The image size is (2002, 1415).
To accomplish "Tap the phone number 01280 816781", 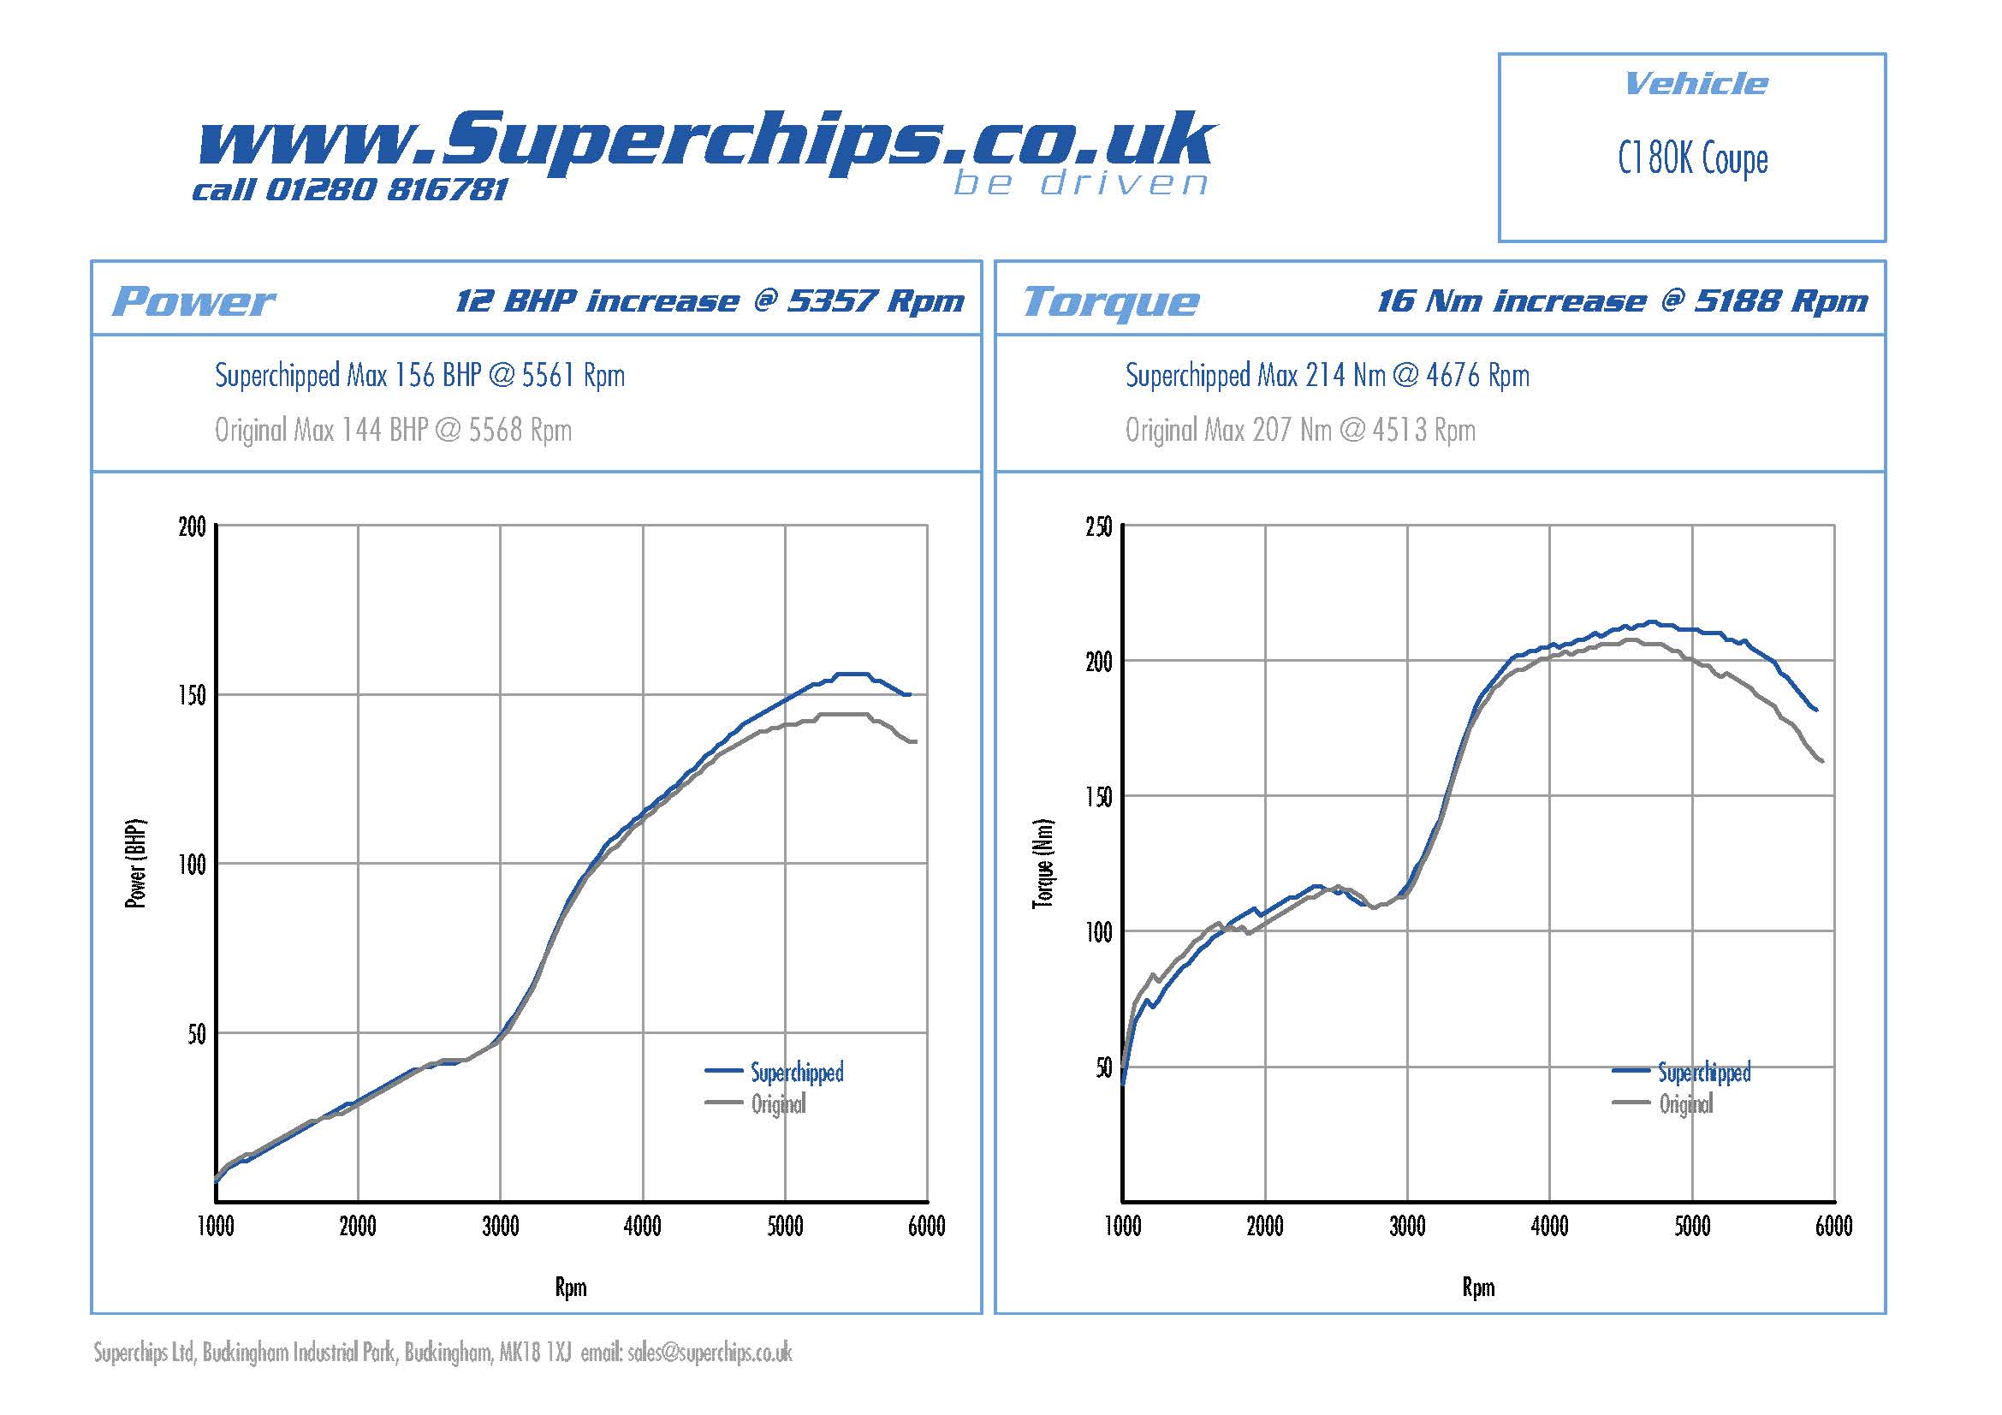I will pos(385,190).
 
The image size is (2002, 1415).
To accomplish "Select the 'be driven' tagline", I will pos(1080,184).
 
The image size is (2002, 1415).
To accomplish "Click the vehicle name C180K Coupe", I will pos(1692,159).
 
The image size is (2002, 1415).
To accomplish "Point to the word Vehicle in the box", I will pos(1696,84).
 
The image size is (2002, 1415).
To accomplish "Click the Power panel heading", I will pos(193,301).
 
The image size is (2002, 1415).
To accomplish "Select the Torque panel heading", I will pos(1111,301).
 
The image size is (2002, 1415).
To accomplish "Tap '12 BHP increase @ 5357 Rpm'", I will pos(710,301).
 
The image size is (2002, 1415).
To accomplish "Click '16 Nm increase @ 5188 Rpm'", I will pos(1622,301).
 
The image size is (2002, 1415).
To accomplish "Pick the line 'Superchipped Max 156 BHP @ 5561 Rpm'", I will pos(419,376).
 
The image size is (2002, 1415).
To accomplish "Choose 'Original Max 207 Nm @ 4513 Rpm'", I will pos(1300,430).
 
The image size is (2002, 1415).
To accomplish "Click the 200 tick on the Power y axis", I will pos(193,526).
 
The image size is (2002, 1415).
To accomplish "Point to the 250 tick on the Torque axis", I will pos(1099,526).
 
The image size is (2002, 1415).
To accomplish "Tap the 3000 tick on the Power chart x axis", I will pos(501,1227).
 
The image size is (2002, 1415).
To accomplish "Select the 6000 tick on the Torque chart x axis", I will pos(1833,1227).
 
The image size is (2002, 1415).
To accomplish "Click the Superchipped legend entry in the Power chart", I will pos(797,1072).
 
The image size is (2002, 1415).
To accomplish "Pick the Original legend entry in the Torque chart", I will pos(1685,1104).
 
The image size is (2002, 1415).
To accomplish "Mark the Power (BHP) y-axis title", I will pos(136,864).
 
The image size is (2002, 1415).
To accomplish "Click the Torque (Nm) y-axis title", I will pos(1043,864).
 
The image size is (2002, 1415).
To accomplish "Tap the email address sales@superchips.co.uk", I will pos(710,1353).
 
